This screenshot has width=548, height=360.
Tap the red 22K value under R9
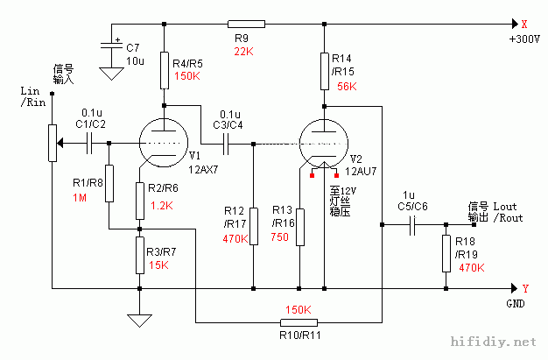[x=242, y=53]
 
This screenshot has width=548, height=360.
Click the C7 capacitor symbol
[x=111, y=49]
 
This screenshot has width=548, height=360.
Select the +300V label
[x=524, y=40]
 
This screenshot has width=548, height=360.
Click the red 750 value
[x=280, y=236]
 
